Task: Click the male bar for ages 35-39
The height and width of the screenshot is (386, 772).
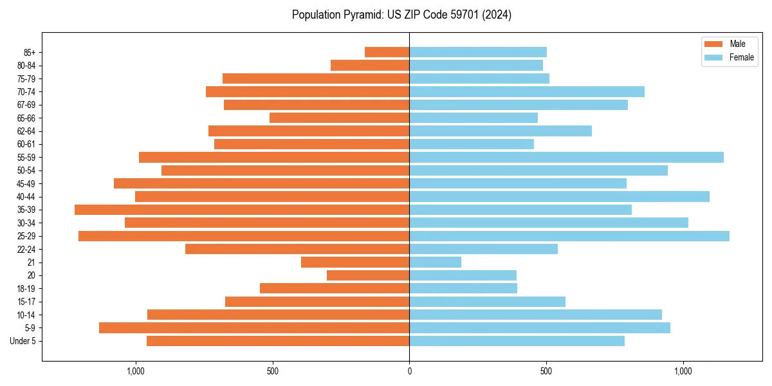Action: (242, 210)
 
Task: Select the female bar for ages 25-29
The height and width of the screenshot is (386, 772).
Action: (569, 236)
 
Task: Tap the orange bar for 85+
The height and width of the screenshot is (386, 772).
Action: (387, 52)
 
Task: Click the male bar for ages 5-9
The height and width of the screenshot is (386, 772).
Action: (254, 328)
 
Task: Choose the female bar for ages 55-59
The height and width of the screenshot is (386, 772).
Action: (566, 157)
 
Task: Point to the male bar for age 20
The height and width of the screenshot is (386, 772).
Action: (368, 275)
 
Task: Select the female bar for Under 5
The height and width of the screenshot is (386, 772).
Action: (517, 341)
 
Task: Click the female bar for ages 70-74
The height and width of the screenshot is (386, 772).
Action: (527, 92)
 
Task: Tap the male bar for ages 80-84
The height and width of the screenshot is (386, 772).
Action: (370, 66)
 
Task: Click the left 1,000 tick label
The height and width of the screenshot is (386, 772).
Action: (136, 372)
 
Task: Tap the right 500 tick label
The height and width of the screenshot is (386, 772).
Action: (546, 372)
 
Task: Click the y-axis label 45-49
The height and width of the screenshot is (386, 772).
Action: (26, 183)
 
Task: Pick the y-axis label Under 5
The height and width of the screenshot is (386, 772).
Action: (23, 341)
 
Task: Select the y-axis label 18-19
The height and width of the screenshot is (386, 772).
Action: (26, 289)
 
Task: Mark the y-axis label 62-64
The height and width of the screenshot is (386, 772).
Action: (26, 131)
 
